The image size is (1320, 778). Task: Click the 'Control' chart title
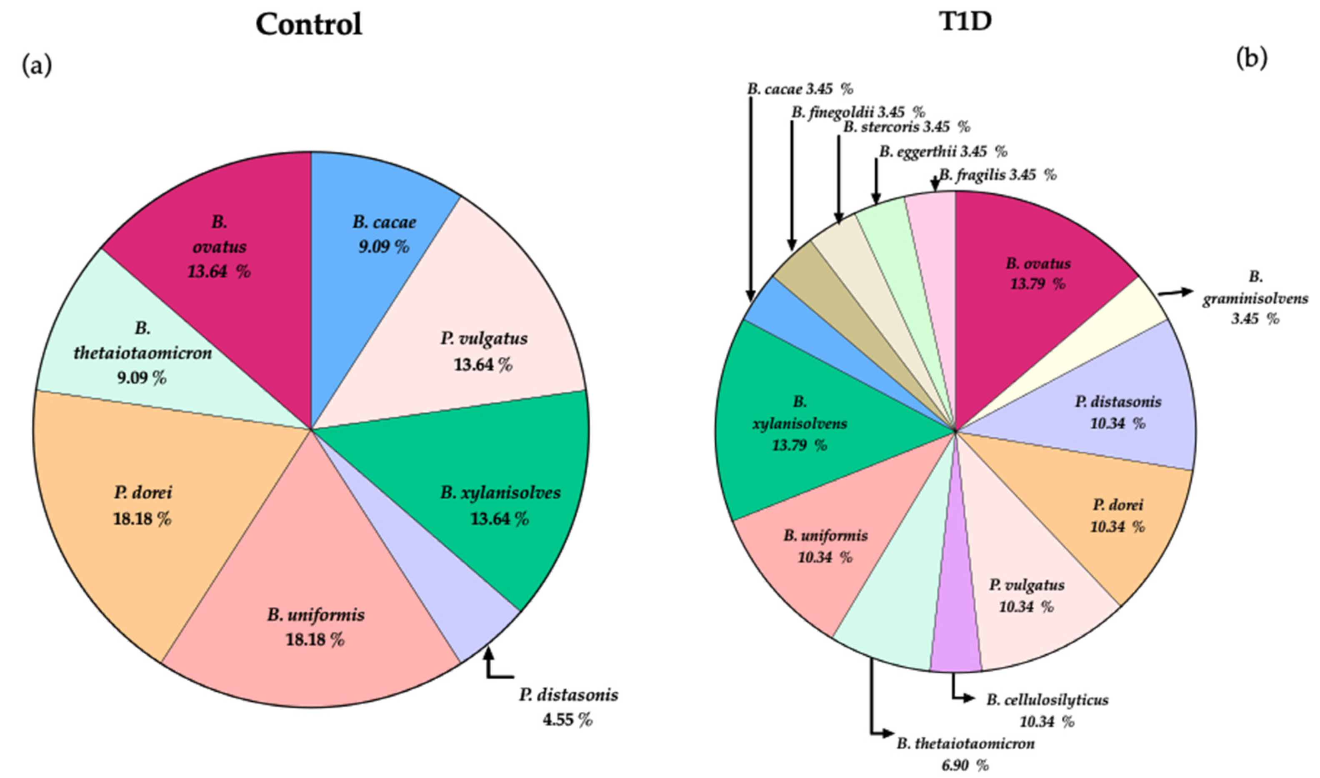click(x=309, y=24)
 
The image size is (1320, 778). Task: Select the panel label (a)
click(x=37, y=66)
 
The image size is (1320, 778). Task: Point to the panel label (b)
click(x=1251, y=58)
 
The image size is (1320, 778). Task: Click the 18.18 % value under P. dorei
click(x=142, y=519)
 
